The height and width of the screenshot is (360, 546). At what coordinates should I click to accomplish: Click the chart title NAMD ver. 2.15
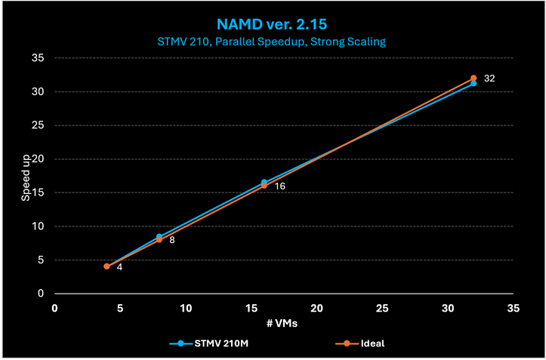pyautogui.click(x=273, y=23)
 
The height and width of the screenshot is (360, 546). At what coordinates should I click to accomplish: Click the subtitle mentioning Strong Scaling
pyautogui.click(x=273, y=42)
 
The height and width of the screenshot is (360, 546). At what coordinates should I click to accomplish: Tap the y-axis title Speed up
pyautogui.click(x=26, y=176)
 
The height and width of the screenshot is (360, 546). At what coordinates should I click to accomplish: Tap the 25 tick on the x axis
pyautogui.click(x=382, y=308)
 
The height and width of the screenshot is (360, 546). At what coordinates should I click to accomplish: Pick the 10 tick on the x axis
pyautogui.click(x=185, y=308)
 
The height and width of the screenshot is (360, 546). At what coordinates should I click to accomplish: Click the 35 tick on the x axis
pyautogui.click(x=514, y=308)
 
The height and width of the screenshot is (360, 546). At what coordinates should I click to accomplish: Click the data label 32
pyautogui.click(x=489, y=78)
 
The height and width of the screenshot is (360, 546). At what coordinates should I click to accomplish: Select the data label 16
pyautogui.click(x=279, y=186)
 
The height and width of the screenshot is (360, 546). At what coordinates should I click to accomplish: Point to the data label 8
pyautogui.click(x=172, y=240)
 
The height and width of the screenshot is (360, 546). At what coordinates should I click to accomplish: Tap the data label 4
pyautogui.click(x=119, y=268)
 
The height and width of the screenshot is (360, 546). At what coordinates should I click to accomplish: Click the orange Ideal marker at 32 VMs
pyautogui.click(x=474, y=78)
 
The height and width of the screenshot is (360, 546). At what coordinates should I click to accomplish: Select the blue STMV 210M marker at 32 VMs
pyautogui.click(x=474, y=84)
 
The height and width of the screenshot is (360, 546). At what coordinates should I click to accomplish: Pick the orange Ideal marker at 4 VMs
pyautogui.click(x=106, y=266)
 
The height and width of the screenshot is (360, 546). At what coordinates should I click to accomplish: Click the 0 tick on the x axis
pyautogui.click(x=54, y=308)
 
